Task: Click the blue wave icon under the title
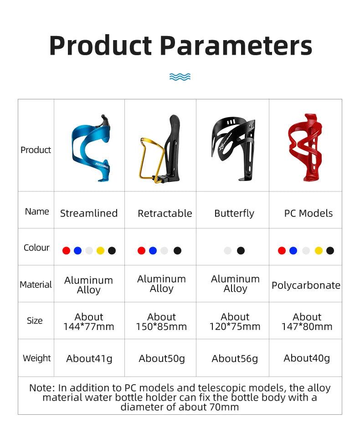click(180, 77)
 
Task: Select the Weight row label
click(37, 358)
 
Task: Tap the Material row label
click(36, 284)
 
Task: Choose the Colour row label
click(36, 247)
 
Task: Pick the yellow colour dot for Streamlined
click(101, 251)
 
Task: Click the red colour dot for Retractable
click(141, 251)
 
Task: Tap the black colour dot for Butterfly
click(241, 251)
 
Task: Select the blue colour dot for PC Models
click(293, 251)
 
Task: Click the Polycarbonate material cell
click(306, 285)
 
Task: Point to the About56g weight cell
click(235, 359)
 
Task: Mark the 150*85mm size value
click(161, 327)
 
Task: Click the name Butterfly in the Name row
click(234, 213)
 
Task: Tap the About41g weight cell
click(89, 359)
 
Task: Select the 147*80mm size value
click(307, 327)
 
